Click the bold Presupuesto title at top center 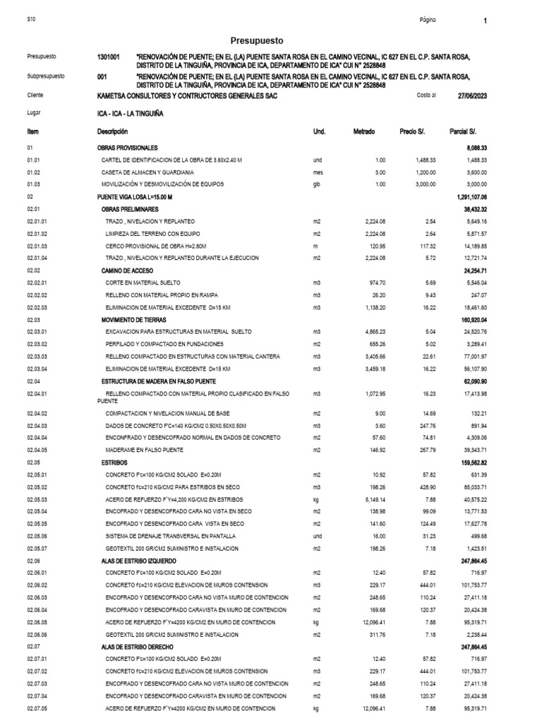257,41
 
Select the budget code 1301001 109,56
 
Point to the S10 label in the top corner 30,20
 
